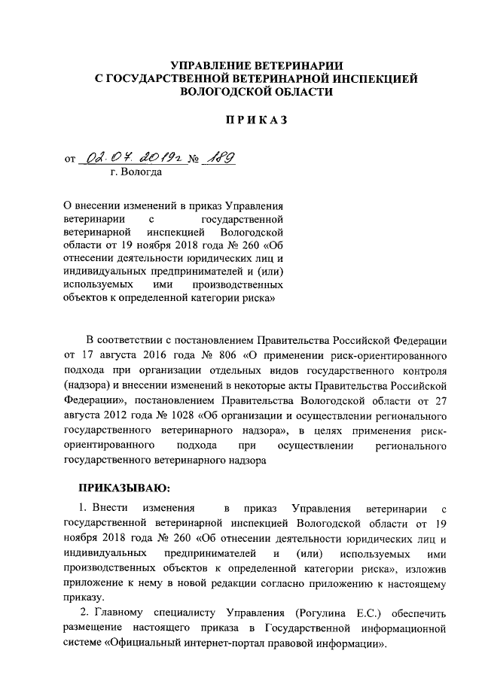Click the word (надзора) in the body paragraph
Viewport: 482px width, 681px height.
point(90,384)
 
